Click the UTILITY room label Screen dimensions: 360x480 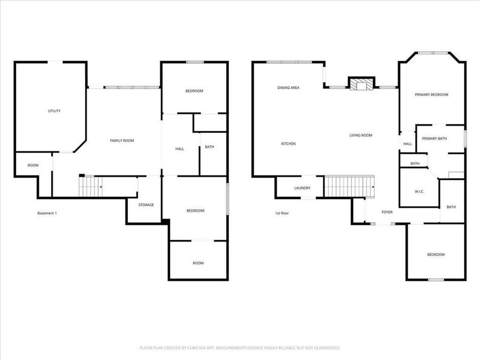(x=54, y=111)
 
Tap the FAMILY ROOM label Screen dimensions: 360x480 (x=122, y=140)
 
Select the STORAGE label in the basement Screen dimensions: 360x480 (x=146, y=205)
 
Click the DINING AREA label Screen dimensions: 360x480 (x=288, y=87)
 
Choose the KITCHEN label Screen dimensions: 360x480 (x=288, y=143)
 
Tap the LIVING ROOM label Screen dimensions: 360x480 (x=361, y=135)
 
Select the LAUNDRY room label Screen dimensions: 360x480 (x=302, y=188)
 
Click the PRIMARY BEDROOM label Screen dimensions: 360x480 (x=431, y=94)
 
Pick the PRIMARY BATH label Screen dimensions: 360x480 (x=434, y=139)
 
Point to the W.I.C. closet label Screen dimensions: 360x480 (x=419, y=191)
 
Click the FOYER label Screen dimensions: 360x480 (x=387, y=212)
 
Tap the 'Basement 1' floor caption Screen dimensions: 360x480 (x=47, y=213)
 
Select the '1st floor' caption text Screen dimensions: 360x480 (x=282, y=213)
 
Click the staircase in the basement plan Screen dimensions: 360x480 (x=91, y=187)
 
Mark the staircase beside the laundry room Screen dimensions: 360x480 (x=349, y=187)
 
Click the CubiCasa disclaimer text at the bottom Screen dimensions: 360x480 (x=239, y=348)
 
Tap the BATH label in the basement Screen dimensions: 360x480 (x=209, y=147)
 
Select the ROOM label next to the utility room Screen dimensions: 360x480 (x=33, y=165)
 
